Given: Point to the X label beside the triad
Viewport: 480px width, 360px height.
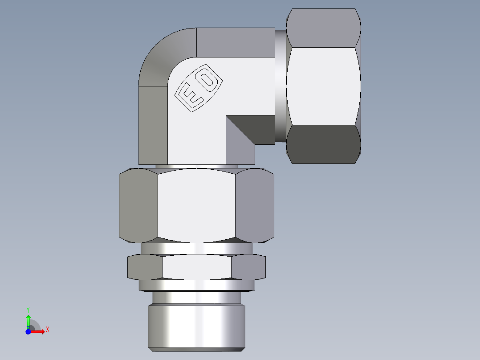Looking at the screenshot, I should tap(47, 330).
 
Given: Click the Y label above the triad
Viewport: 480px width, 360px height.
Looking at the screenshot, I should tap(28, 309).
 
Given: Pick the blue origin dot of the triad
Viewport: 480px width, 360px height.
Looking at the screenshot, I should tap(28, 331).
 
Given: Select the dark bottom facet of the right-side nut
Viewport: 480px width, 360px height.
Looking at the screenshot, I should tap(323, 144).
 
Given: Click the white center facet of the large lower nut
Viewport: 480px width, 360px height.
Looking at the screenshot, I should tap(196, 206).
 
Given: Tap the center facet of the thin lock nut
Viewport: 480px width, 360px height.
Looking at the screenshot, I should tap(196, 267).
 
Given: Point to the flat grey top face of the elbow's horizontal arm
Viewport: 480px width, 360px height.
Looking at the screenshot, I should tap(235, 42).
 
